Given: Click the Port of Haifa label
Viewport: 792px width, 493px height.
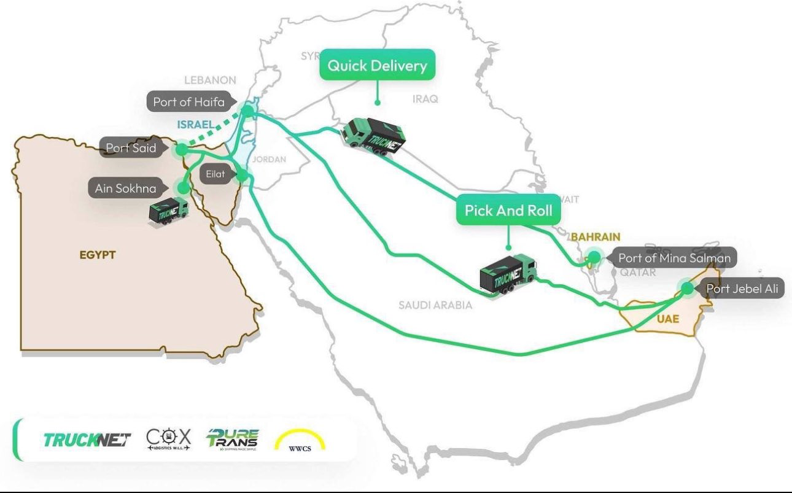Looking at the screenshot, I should click(x=188, y=102).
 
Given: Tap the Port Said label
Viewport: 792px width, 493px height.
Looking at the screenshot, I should click(x=131, y=148).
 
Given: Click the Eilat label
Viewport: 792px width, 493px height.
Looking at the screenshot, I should click(x=215, y=174).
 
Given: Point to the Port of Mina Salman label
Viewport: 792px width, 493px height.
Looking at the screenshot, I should click(x=674, y=258).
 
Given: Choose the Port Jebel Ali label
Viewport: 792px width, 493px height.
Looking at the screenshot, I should click(x=742, y=289).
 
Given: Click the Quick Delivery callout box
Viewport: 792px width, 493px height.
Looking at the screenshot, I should click(x=377, y=66).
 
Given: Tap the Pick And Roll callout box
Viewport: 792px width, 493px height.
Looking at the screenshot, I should click(x=508, y=211).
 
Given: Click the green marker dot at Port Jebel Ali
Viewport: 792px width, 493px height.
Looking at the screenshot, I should click(x=687, y=288).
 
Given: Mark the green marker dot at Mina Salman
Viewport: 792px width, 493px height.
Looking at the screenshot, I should click(x=594, y=257).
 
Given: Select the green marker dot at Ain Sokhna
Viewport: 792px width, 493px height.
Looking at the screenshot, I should click(x=182, y=187).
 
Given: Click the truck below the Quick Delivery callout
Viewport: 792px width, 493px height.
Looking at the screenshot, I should click(x=373, y=138).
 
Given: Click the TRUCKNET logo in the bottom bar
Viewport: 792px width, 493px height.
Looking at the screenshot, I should click(x=87, y=440).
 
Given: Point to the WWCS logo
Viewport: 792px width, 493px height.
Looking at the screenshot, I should click(x=300, y=441).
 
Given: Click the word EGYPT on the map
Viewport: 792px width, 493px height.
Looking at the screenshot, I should click(x=98, y=255).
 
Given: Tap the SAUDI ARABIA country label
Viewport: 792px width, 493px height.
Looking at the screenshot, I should click(x=435, y=305).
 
